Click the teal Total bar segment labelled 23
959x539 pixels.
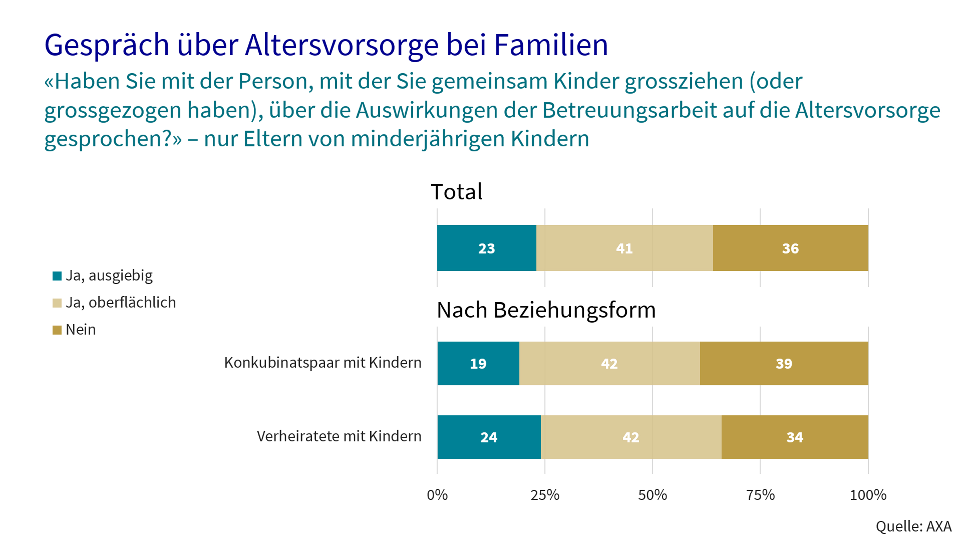click(x=487, y=248)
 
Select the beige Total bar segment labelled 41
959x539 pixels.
click(x=624, y=248)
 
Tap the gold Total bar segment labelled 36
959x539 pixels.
click(x=790, y=248)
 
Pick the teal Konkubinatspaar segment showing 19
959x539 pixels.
click(x=478, y=363)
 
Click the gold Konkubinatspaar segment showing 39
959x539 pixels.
click(x=784, y=363)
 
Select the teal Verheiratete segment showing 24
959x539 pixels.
click(x=489, y=437)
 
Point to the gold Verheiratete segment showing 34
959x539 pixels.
click(x=795, y=437)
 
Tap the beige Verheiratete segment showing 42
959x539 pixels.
click(x=631, y=437)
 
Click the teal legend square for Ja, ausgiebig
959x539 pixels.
click(x=57, y=276)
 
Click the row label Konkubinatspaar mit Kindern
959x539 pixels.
click(x=322, y=363)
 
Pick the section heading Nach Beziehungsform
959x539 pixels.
click(x=546, y=310)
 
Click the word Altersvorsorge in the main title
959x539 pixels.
click(x=342, y=45)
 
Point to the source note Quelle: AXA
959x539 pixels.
click(x=913, y=526)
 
